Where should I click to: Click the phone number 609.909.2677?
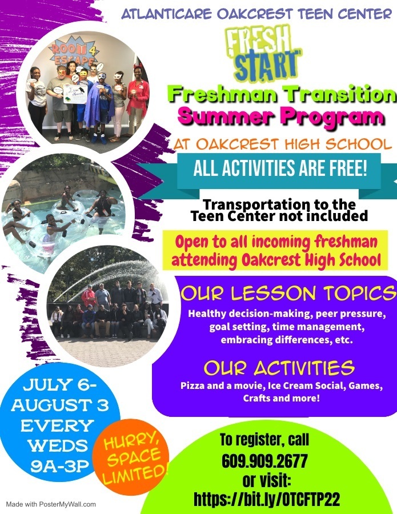coord(264,461)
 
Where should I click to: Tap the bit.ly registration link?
coord(267,499)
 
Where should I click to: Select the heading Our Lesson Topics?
coord(288,293)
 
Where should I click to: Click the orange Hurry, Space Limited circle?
coord(131,457)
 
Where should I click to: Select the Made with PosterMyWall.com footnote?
coord(51,504)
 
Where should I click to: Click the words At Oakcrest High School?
coord(283,144)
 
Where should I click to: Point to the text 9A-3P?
coord(60,466)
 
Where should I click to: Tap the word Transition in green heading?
coord(341,94)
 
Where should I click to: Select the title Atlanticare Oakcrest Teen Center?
coord(256,14)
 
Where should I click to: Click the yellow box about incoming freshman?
coord(275,250)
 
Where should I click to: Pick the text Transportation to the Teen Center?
coord(279,210)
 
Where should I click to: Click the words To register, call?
coord(264,440)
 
